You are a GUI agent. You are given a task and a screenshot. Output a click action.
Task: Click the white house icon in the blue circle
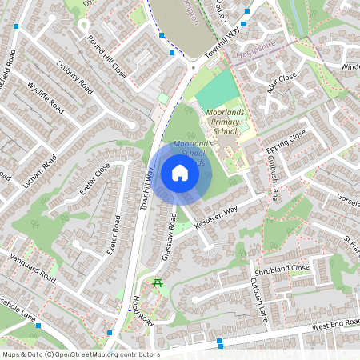[180, 173]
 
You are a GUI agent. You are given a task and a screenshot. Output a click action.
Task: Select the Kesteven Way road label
[218, 218]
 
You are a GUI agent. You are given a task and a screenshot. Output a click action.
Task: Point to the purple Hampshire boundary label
[254, 54]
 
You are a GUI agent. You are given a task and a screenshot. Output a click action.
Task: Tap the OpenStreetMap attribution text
[80, 354]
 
